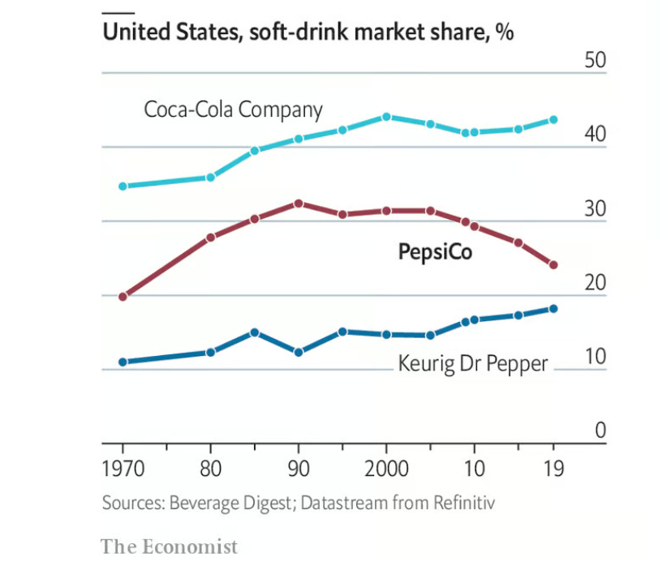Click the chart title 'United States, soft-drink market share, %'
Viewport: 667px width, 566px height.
coord(308,33)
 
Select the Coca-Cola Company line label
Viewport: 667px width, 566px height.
coord(233,109)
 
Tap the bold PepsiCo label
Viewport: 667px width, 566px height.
coord(435,252)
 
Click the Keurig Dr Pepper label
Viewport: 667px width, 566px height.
coord(472,363)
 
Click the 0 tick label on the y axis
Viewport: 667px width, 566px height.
coord(600,431)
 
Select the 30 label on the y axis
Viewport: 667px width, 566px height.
coord(595,209)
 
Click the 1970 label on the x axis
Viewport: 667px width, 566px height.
coord(123,470)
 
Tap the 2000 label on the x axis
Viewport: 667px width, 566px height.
coord(386,470)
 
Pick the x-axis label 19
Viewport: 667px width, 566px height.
coord(553,470)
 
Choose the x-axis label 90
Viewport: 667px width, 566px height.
coord(299,470)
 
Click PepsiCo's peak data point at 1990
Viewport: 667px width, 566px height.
coord(299,204)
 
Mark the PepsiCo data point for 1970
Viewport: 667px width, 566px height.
coord(123,297)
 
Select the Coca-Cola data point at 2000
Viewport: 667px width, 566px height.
coord(386,117)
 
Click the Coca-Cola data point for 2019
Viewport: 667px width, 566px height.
coord(553,119)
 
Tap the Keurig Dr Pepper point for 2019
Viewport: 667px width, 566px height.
coord(553,308)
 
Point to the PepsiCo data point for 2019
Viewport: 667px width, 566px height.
coord(553,265)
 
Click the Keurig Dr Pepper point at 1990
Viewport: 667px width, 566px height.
coord(299,353)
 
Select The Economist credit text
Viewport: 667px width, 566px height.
coord(170,546)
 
